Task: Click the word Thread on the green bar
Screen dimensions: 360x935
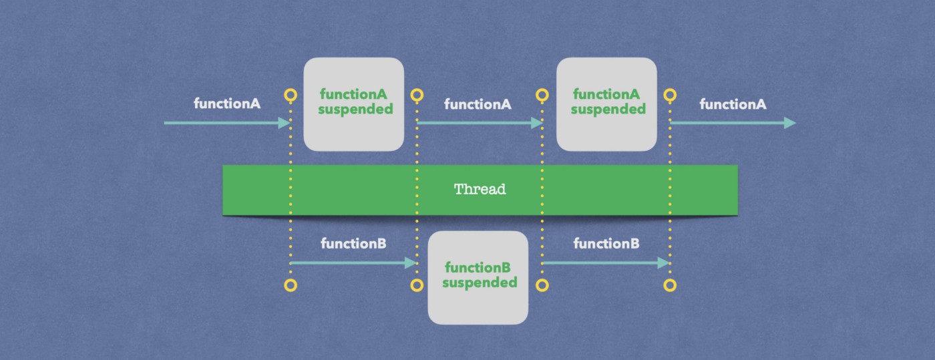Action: (x=480, y=189)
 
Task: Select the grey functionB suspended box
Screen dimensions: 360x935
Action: (x=478, y=277)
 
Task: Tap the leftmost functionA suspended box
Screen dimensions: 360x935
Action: (x=354, y=104)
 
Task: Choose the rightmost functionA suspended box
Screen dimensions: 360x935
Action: (x=606, y=104)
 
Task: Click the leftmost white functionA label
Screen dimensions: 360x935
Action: (x=227, y=104)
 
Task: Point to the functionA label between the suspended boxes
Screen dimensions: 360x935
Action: (x=478, y=104)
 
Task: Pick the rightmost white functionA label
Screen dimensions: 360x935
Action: (x=733, y=104)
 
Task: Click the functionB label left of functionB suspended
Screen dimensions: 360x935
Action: (x=353, y=243)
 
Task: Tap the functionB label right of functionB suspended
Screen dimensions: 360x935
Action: (x=606, y=243)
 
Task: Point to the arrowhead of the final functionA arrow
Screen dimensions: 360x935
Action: (x=789, y=123)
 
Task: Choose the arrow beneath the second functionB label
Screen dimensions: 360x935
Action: (x=605, y=263)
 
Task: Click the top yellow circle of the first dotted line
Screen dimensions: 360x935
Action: (x=291, y=96)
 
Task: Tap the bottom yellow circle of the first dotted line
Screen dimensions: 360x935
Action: (x=291, y=285)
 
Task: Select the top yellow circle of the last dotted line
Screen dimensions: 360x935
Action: (x=670, y=96)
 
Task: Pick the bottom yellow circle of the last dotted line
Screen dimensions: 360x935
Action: (x=670, y=285)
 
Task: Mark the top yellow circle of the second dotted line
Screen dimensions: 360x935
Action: (x=417, y=96)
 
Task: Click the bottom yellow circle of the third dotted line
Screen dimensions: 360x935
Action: (x=542, y=285)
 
